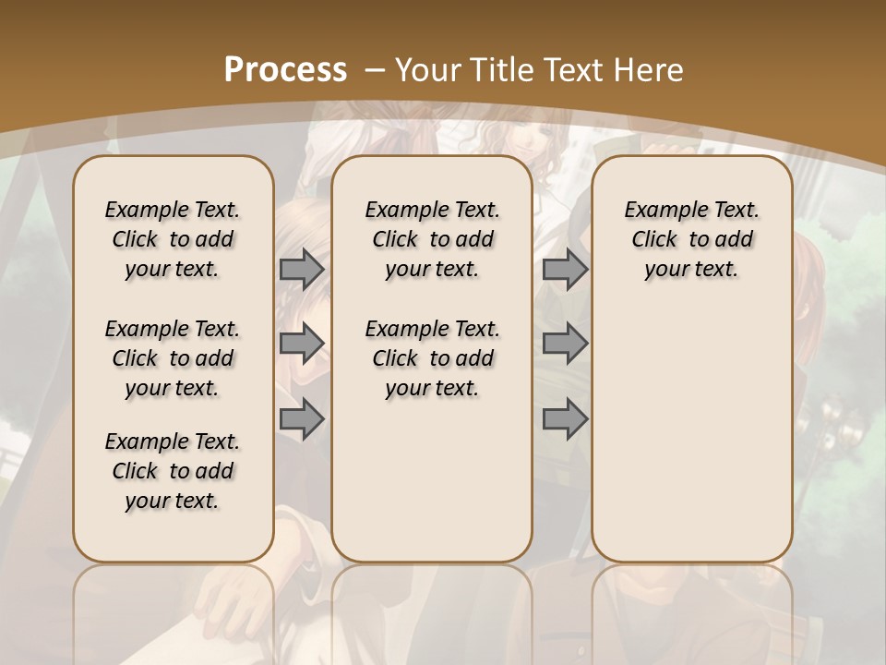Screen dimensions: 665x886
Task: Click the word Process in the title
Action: (x=286, y=69)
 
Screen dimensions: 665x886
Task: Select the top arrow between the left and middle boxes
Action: (x=302, y=270)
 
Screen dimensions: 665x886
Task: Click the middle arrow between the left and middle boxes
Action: (x=302, y=344)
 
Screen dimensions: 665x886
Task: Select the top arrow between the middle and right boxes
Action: (x=565, y=270)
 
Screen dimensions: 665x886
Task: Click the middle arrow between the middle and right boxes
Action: (x=565, y=344)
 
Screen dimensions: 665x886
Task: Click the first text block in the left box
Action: (x=173, y=239)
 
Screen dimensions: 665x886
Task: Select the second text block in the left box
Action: (x=173, y=358)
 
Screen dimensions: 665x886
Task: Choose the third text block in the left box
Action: (x=173, y=471)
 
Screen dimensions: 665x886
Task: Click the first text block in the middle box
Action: (x=433, y=239)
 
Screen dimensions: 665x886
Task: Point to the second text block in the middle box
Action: (x=433, y=358)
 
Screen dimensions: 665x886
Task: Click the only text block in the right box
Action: (x=692, y=239)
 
